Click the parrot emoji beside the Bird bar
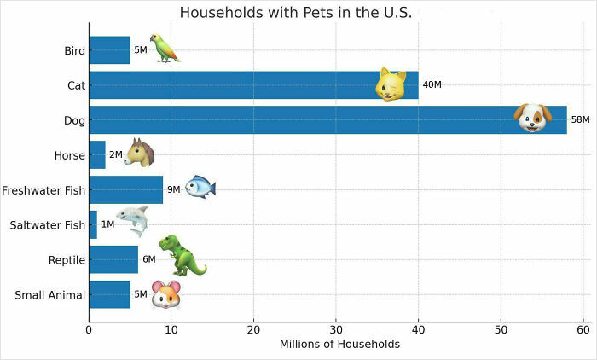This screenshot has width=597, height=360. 164,49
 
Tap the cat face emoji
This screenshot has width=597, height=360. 391,84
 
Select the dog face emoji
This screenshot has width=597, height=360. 533,118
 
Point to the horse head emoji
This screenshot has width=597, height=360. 139,153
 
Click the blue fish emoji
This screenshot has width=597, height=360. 200,187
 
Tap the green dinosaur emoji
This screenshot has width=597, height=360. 182,255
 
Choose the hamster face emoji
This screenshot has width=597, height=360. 166,294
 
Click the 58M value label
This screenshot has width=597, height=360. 580,120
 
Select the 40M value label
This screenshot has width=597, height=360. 432,85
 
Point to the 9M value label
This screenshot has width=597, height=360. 173,190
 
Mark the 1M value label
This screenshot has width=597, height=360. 107,225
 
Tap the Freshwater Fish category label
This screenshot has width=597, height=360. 44,190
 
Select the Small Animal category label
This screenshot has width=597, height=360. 50,295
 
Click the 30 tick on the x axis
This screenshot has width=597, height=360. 336,328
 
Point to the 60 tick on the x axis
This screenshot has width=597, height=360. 583,328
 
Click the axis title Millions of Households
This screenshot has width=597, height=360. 339,345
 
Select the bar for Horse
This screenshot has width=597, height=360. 96,155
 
